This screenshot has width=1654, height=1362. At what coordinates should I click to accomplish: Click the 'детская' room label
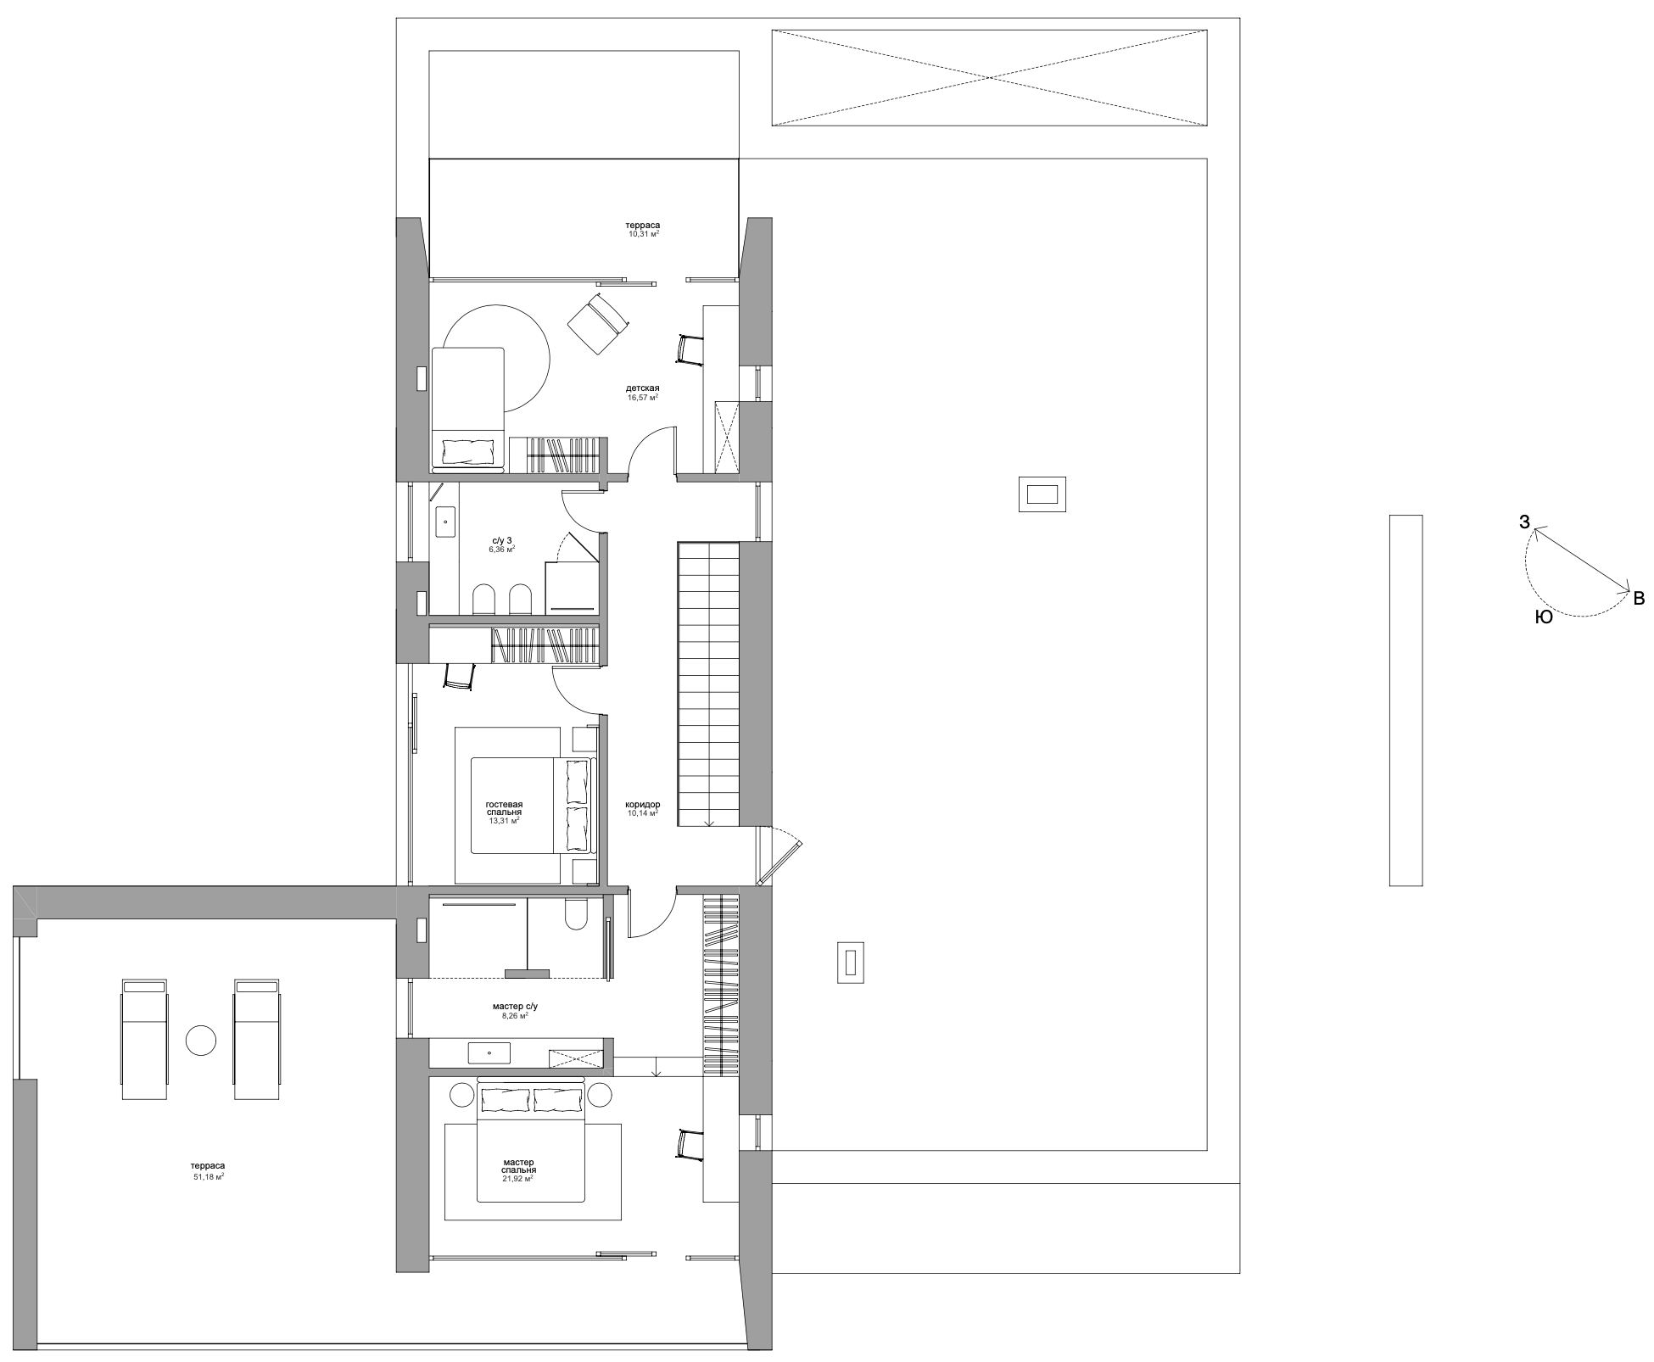642,388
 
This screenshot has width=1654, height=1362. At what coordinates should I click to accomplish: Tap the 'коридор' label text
642,804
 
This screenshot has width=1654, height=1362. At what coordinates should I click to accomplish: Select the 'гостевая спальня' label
504,807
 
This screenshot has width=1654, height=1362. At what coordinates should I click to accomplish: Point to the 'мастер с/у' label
515,1006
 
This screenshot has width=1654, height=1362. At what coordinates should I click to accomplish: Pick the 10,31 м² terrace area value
643,234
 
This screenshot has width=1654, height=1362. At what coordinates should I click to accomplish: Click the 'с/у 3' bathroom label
501,539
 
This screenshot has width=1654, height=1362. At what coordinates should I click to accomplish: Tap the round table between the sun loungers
201,1040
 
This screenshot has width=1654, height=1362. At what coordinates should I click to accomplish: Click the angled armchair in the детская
597,322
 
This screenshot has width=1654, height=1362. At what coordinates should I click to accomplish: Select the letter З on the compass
1524,522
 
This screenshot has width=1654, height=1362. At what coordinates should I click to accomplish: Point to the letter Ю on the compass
1544,618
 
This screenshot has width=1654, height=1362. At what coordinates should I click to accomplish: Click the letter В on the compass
1639,599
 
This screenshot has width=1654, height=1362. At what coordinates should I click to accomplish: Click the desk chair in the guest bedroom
458,674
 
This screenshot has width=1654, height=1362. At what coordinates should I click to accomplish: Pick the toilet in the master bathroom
574,914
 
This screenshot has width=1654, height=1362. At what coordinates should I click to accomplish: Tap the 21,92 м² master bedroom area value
517,1178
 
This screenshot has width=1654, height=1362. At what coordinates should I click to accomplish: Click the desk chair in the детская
690,349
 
